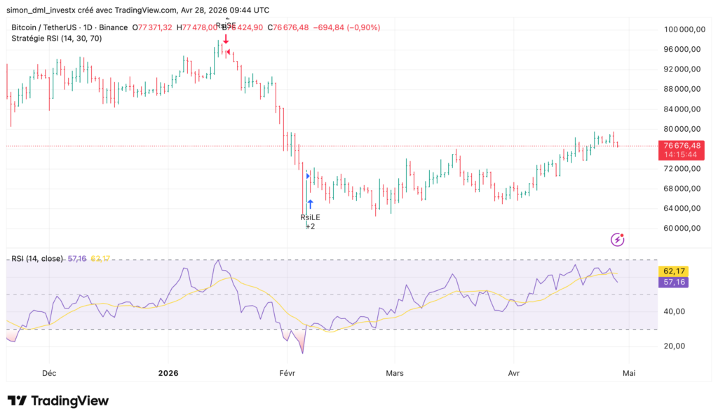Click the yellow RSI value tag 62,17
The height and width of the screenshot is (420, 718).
(672, 271)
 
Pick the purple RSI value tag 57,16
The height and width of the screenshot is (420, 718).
(672, 282)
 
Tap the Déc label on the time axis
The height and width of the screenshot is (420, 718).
(49, 374)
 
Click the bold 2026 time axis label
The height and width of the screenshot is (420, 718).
(168, 374)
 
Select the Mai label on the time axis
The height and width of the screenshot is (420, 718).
(629, 374)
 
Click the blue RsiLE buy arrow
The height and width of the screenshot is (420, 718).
(310, 205)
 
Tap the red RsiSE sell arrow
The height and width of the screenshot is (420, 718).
(226, 39)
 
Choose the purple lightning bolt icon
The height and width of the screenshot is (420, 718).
(618, 240)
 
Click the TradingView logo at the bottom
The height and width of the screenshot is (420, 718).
(58, 400)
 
